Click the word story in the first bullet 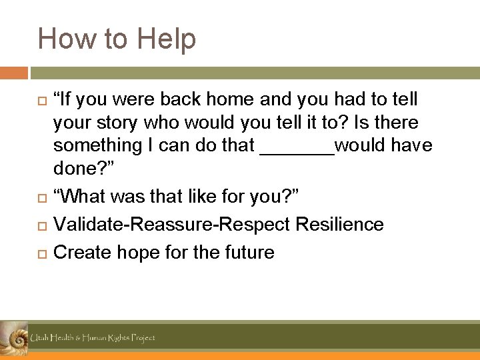click(113, 123)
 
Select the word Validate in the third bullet click(84, 225)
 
